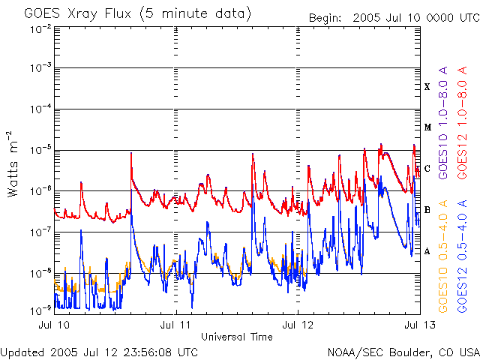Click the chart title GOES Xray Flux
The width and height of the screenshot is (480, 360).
tap(138, 14)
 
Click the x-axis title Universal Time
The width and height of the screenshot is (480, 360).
tap(236, 337)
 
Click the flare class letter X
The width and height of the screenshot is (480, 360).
tap(427, 87)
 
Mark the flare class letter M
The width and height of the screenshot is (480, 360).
tap(427, 127)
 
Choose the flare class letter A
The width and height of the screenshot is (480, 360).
tap(427, 251)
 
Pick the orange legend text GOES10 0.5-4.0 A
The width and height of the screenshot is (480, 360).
tap(444, 256)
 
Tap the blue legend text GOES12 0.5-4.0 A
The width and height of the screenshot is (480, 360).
tap(463, 256)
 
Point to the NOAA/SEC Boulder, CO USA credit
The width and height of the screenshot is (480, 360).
tap(403, 352)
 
